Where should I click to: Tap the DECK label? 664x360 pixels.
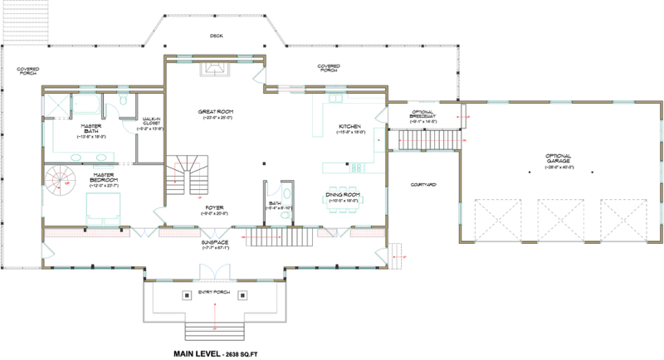point(216,36)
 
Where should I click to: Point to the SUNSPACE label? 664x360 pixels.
point(216,242)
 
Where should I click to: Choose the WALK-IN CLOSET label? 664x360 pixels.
point(151,122)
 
